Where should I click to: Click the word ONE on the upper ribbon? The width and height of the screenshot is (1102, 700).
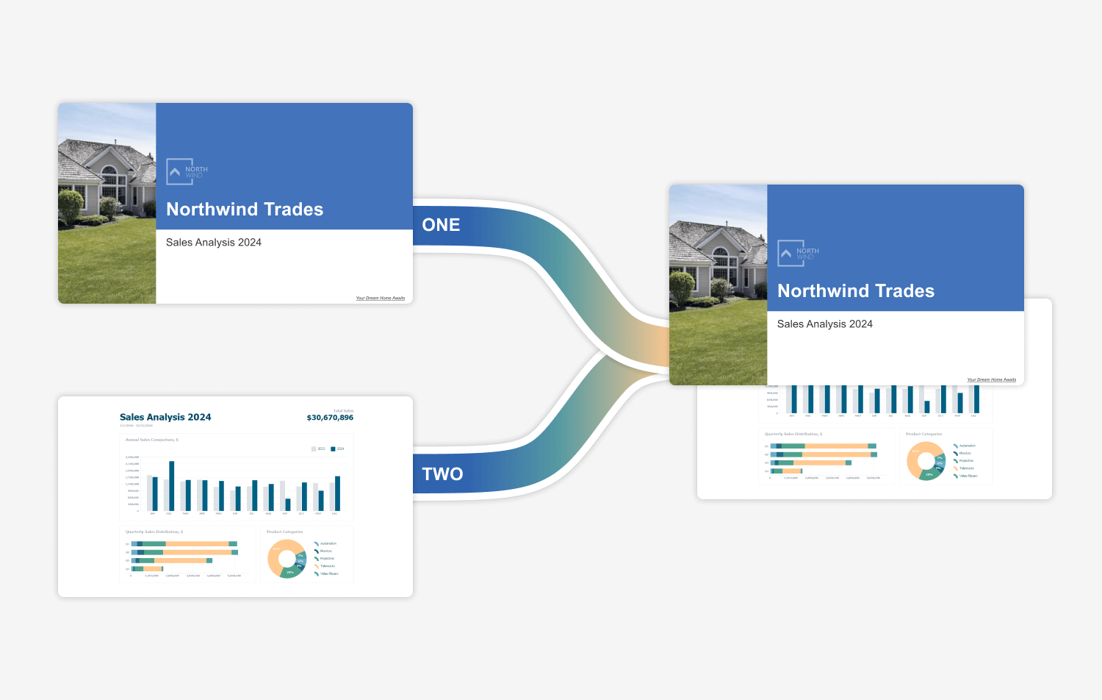click(441, 225)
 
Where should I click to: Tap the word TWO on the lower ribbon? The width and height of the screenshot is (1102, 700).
click(442, 474)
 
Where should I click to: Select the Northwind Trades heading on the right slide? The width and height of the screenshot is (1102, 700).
click(856, 291)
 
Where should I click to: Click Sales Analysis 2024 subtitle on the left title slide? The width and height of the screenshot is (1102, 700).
click(214, 243)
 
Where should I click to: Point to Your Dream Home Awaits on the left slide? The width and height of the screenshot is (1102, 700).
click(380, 298)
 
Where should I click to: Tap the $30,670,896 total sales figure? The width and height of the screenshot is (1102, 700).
click(330, 418)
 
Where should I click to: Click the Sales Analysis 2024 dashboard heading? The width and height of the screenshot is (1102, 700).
click(165, 417)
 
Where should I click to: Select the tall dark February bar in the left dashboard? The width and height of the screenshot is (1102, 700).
click(172, 485)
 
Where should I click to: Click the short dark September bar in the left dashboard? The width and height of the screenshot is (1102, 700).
click(288, 504)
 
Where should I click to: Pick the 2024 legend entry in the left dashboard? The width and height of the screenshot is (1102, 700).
click(337, 449)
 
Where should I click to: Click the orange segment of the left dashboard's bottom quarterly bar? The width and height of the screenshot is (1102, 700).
click(153, 568)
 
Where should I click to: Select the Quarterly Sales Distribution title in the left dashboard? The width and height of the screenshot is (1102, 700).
click(154, 532)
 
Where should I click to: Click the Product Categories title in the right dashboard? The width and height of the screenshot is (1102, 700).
click(923, 434)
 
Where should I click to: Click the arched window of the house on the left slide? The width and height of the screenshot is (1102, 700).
click(109, 176)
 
